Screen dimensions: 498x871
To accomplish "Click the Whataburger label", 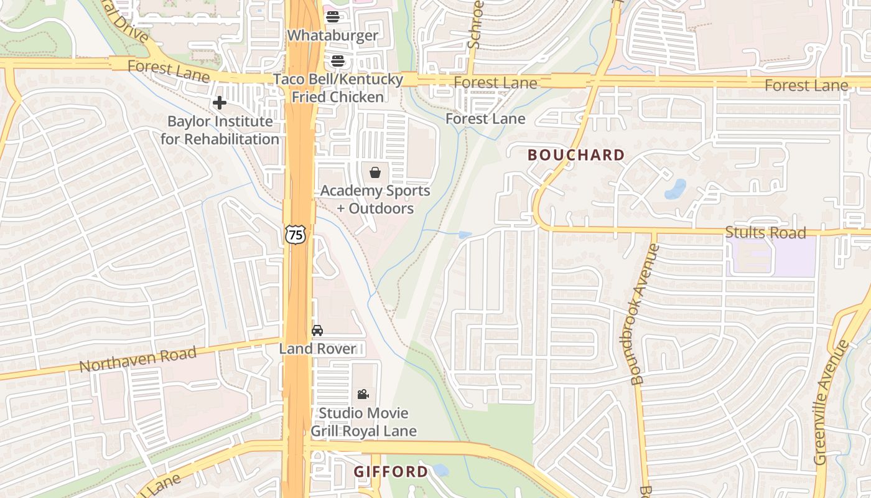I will (x=332, y=35).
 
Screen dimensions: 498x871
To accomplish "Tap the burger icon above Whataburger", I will (x=333, y=17).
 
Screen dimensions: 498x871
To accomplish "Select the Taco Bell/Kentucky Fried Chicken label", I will (x=338, y=88).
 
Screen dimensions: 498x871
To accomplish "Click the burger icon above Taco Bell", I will (x=338, y=61).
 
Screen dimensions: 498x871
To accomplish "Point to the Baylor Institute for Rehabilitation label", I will (x=220, y=130).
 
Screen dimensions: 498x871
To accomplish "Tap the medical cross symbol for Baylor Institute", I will (x=219, y=103).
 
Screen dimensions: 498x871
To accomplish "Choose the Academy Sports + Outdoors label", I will (x=375, y=199).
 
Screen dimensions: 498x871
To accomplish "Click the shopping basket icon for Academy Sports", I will (x=375, y=172).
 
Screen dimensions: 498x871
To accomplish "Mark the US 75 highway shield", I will (x=296, y=235).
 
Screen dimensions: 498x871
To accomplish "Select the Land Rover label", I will (x=317, y=349).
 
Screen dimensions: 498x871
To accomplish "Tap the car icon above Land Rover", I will (x=317, y=331).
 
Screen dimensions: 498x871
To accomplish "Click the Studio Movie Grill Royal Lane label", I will (x=364, y=421).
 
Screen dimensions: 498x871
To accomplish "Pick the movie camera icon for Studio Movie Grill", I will (x=363, y=394).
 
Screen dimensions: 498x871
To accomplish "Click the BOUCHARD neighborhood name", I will (x=576, y=155).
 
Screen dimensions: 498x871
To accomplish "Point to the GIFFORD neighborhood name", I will (x=391, y=472).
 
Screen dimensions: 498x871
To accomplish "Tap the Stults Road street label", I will (x=765, y=233).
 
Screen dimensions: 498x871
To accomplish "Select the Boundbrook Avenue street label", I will (x=645, y=314).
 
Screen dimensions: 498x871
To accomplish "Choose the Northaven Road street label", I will (x=138, y=360).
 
